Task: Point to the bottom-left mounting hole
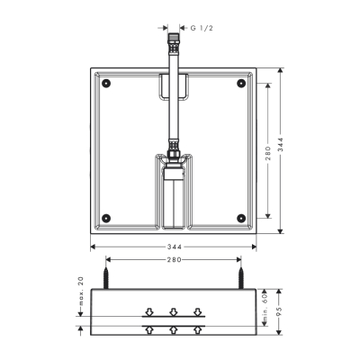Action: (x=106, y=216)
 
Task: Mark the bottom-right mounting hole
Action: (x=240, y=216)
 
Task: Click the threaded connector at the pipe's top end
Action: (x=173, y=41)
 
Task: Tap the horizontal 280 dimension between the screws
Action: (x=174, y=260)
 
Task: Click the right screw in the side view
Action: (x=240, y=275)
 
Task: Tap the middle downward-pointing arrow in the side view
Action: (x=174, y=312)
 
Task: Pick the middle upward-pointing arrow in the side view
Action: (x=174, y=328)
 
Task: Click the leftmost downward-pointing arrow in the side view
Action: (x=148, y=312)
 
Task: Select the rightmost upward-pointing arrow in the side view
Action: (x=200, y=328)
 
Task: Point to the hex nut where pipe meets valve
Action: (x=173, y=143)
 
